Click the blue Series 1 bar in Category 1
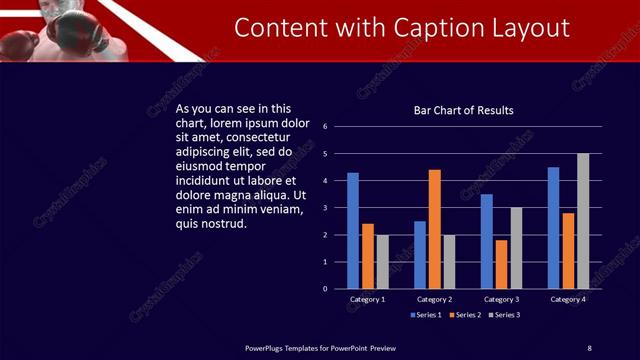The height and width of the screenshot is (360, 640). pos(353,231)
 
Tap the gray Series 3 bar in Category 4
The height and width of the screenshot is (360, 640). pos(583,221)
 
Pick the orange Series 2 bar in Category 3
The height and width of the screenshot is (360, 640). pos(501,264)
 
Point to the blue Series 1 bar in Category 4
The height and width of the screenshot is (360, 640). pos(553,228)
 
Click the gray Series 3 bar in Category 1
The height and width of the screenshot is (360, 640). pos(382,262)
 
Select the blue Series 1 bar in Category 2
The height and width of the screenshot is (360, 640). pos(420,255)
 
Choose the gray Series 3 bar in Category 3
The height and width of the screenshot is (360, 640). pos(516,248)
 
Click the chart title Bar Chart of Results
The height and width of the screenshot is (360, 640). pos(463,110)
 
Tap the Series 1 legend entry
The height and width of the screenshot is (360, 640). pos(426,315)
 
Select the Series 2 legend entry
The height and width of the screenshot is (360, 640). pos(467,315)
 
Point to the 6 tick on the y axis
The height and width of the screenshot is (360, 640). pos(325,127)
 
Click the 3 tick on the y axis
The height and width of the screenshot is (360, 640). pos(325,208)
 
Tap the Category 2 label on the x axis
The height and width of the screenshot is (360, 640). pos(435,299)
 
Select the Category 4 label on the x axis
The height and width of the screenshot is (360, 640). pos(568,299)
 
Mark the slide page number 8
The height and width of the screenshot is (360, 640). pos(589,347)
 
